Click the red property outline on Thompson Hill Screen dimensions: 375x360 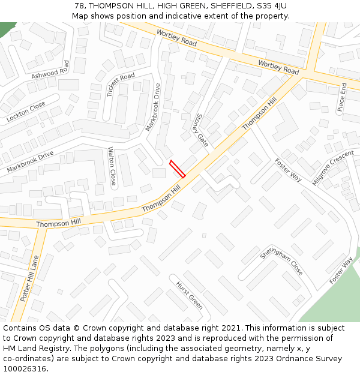coord(177,169)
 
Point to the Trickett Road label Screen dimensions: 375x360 coord(121,85)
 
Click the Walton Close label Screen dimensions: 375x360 coord(112,166)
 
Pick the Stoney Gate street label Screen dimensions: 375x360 coord(202,131)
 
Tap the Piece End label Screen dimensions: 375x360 coord(341,98)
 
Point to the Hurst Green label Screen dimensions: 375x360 coord(189,295)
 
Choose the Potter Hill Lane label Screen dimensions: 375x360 coord(29,279)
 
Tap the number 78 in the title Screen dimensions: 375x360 coord(80,6)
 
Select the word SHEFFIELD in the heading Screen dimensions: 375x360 coord(225,6)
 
